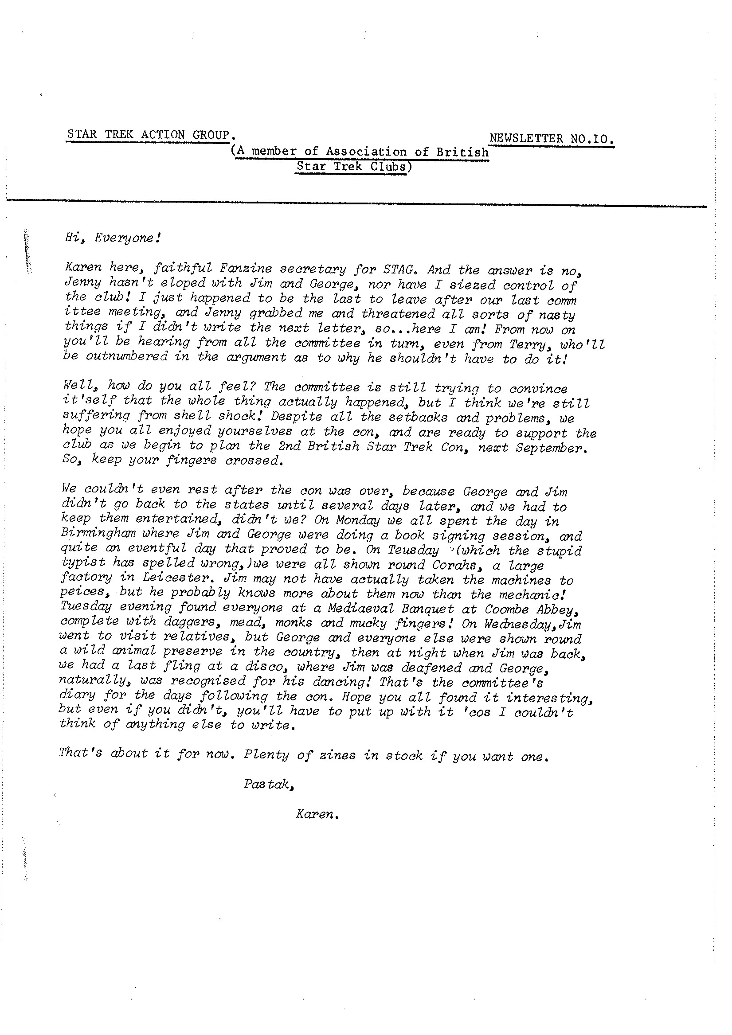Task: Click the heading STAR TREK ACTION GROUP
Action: coord(149,135)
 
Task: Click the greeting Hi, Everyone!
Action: coord(113,238)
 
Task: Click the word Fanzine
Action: coord(246,269)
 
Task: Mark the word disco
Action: coord(260,667)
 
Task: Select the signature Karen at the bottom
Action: coord(316,814)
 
